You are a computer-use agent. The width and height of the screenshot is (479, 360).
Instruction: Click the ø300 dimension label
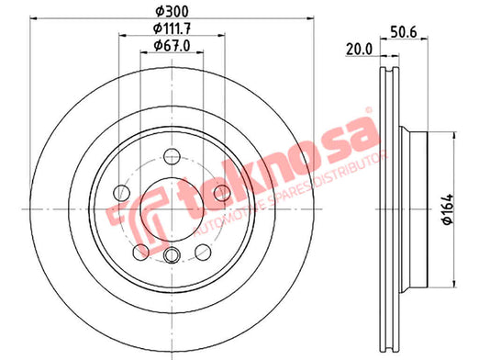(172, 12)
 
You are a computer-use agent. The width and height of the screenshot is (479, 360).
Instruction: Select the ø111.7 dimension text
(173, 28)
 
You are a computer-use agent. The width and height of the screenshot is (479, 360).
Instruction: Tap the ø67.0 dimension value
(172, 45)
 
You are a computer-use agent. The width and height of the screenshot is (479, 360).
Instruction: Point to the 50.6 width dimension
(404, 32)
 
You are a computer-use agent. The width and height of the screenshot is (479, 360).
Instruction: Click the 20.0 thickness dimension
(359, 50)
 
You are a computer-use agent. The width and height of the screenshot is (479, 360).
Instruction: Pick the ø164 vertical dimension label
(449, 209)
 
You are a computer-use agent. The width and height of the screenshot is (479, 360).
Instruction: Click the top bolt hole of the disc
(172, 156)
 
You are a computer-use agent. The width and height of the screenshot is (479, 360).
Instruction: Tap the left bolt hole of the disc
(121, 193)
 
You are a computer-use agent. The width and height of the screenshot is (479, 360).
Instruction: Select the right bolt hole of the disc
(222, 193)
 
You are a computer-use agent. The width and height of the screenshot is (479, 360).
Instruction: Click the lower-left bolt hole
(140, 252)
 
